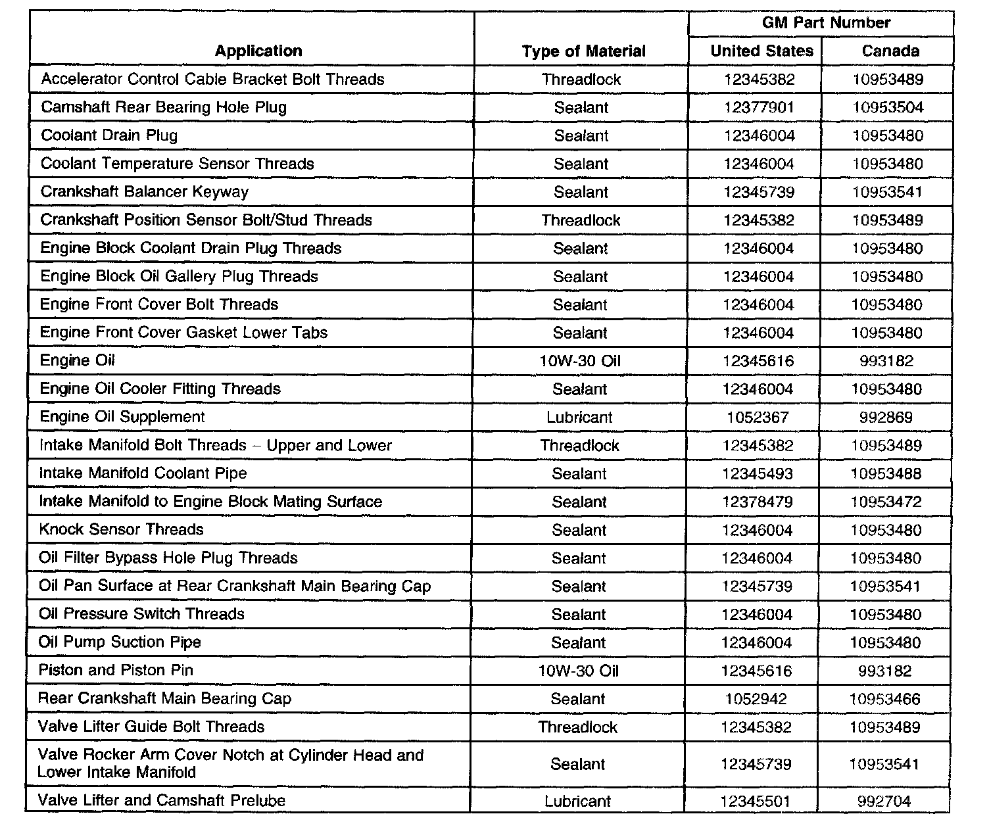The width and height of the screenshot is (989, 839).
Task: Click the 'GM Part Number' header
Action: (826, 23)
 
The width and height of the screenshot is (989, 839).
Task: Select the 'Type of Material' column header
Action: (583, 51)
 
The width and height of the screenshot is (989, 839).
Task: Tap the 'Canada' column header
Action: (890, 51)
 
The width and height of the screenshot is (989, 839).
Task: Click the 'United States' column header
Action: (761, 51)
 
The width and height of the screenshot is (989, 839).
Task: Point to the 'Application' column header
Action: (258, 51)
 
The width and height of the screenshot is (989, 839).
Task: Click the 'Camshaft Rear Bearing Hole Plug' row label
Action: (164, 107)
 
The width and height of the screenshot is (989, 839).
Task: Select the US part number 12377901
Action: (759, 108)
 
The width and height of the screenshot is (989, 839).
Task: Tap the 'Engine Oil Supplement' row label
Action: (122, 417)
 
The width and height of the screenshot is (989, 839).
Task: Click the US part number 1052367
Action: (758, 418)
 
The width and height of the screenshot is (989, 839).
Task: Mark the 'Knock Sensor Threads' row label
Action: (121, 529)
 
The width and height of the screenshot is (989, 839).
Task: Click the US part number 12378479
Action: (758, 502)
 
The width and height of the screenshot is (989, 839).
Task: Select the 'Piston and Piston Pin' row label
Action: (116, 670)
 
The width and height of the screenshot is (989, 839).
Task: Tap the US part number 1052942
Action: (756, 699)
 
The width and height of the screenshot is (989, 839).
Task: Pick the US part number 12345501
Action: (756, 802)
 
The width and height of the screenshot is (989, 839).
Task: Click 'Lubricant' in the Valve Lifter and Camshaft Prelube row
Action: (577, 802)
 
